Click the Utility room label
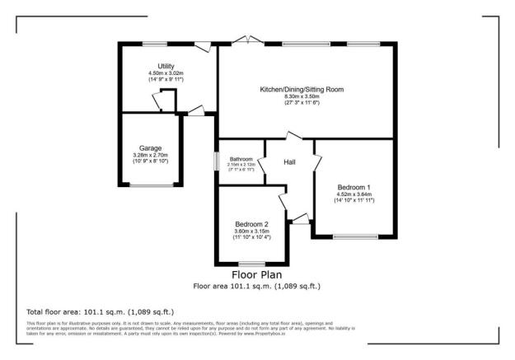[x=166, y=66]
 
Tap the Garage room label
[x=150, y=148]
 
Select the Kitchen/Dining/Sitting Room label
[x=302, y=89]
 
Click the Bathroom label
[x=241, y=159]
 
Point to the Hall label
[x=290, y=162]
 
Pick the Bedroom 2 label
[x=251, y=224]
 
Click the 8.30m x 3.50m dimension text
[x=302, y=97]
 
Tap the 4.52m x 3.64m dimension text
[x=353, y=195]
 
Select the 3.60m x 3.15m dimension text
[x=251, y=231]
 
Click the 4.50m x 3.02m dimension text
[x=166, y=73]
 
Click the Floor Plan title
[x=256, y=274]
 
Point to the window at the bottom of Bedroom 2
[x=251, y=264]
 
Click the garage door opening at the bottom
[x=150, y=185]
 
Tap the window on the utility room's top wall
[x=155, y=43]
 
